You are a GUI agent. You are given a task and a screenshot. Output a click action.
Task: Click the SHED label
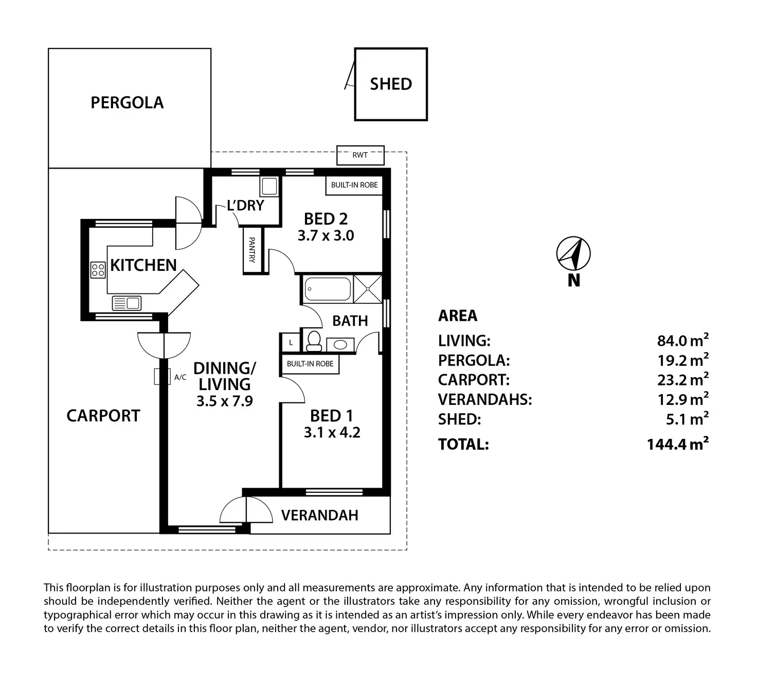(x=390, y=84)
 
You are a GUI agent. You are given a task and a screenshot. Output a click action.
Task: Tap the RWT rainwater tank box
(x=361, y=155)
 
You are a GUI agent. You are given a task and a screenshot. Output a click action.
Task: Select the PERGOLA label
(x=127, y=103)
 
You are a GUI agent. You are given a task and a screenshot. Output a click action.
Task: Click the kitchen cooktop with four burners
(x=98, y=270)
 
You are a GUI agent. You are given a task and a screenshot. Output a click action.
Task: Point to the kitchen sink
(x=127, y=303)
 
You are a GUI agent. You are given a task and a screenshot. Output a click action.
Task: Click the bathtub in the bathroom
(x=327, y=289)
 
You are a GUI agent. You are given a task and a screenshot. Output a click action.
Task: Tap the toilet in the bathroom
(x=314, y=341)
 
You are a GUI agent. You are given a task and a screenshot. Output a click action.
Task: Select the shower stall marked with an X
(x=368, y=289)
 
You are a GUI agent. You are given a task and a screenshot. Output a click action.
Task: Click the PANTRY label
(x=252, y=250)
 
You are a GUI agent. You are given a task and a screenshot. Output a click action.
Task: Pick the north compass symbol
(x=573, y=254)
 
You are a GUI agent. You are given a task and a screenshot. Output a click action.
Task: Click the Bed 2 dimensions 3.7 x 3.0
(x=326, y=236)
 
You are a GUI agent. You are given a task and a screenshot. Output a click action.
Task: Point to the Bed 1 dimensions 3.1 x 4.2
(x=332, y=432)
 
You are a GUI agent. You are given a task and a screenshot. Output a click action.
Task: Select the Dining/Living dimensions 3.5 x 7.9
(x=225, y=401)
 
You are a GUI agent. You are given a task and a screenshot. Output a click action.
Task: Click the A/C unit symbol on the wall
(x=163, y=376)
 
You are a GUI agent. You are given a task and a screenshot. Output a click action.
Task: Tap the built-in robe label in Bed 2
(x=354, y=185)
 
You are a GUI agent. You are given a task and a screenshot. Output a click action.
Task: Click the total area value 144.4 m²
(x=678, y=444)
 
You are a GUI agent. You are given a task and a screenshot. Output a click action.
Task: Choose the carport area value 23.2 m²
(x=683, y=379)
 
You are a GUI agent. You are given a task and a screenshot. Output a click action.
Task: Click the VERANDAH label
(x=320, y=515)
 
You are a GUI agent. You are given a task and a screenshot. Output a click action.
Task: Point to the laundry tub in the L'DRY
(x=269, y=187)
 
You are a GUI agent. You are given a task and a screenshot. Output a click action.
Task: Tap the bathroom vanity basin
(x=340, y=345)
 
